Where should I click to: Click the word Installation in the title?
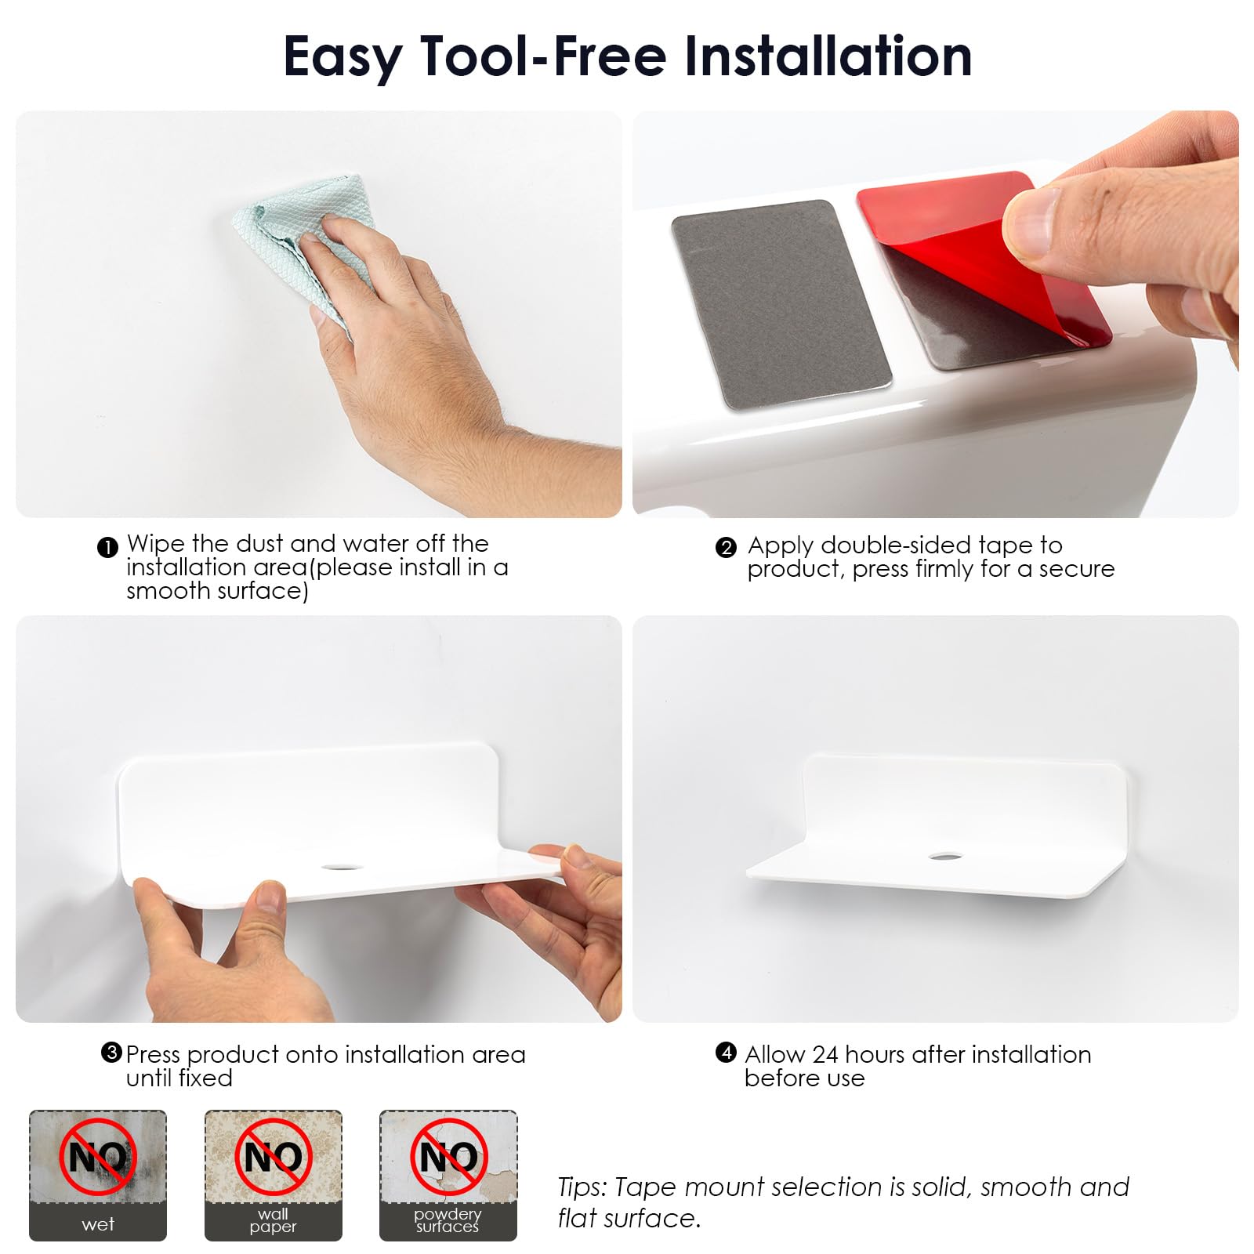(x=828, y=56)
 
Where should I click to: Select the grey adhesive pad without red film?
(x=781, y=305)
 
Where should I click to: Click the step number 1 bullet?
(x=107, y=547)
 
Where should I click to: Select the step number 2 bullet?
(x=726, y=547)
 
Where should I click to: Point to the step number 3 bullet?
(x=111, y=1053)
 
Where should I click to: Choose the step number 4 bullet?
(x=726, y=1053)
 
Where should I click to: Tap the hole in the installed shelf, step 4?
(x=946, y=855)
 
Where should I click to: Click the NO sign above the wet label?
(x=98, y=1157)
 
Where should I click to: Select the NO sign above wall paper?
(x=273, y=1157)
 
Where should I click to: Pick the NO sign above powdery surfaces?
(x=449, y=1157)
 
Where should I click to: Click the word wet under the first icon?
(x=98, y=1224)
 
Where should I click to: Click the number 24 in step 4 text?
(x=825, y=1054)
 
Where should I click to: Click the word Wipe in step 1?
(x=155, y=545)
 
